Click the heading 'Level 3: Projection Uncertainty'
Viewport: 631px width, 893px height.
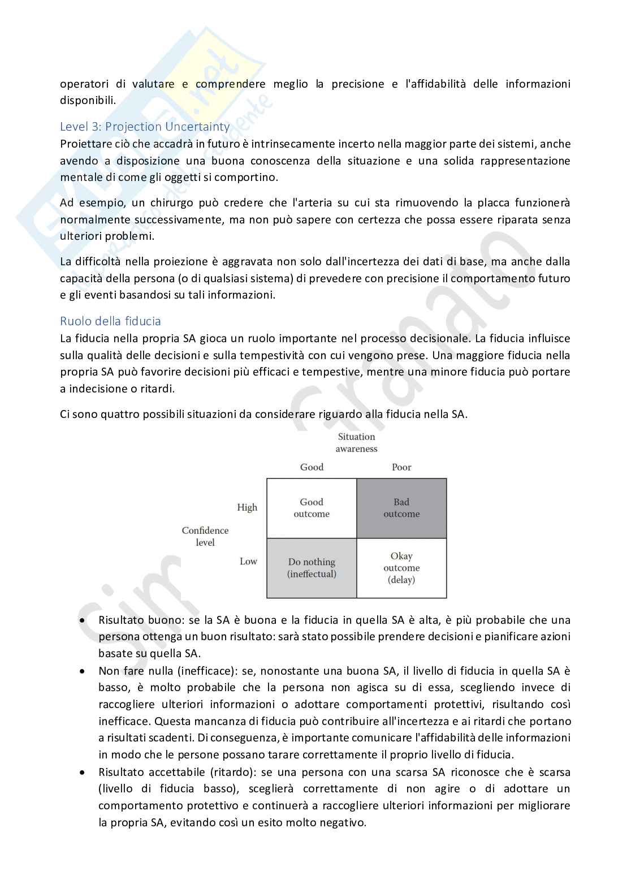(145, 127)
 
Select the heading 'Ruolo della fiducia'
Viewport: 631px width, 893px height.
(110, 321)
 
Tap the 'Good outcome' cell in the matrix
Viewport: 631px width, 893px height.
(312, 508)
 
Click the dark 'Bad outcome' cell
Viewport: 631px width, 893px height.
(401, 508)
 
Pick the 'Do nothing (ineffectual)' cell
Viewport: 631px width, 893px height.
(312, 568)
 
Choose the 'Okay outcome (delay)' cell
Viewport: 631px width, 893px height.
(401, 568)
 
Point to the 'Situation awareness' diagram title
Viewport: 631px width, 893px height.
(356, 442)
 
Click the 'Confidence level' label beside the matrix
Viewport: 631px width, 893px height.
(205, 536)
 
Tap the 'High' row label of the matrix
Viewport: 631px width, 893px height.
(247, 507)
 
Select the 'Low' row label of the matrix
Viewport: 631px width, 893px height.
(248, 561)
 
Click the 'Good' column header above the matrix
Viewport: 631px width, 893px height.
(312, 467)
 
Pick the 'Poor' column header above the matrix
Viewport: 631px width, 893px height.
(401, 467)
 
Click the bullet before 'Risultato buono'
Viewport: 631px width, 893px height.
(83, 620)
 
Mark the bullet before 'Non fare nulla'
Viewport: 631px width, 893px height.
(83, 671)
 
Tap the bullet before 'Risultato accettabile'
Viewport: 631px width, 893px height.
(83, 772)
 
